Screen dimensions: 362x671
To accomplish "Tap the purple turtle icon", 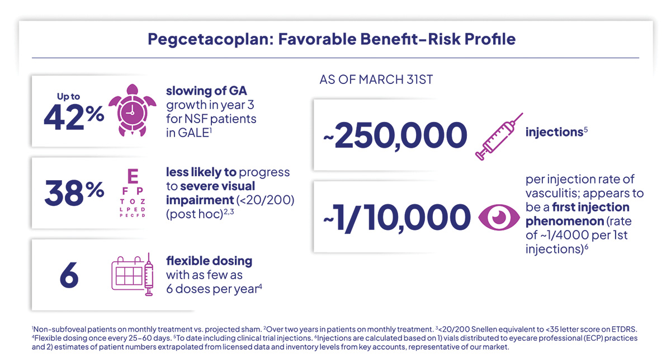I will [x=130, y=111].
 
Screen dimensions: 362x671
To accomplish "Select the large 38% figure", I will [x=73, y=192].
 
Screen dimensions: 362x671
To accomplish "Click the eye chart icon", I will [x=133, y=194].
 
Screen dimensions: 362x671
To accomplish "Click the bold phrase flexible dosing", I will [x=209, y=261].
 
